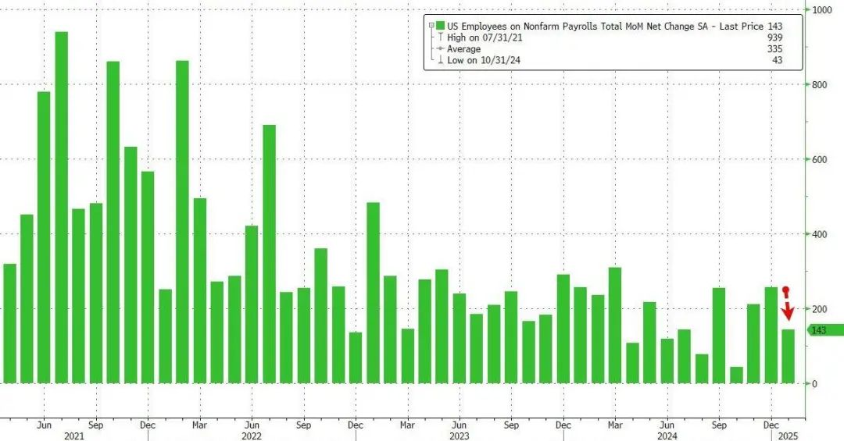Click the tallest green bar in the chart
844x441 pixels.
pos(61,208)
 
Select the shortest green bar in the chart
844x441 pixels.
pos(736,375)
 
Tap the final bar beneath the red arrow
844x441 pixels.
pos(788,356)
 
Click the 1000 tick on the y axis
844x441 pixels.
pos(821,10)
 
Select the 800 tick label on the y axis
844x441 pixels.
pos(819,84)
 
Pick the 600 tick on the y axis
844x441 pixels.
pos(819,159)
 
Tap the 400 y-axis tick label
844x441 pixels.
pos(819,234)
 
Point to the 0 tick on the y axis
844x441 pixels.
pos(814,383)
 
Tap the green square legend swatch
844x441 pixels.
pos(442,26)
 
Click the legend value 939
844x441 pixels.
pos(774,37)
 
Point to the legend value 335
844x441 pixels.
pos(774,48)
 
